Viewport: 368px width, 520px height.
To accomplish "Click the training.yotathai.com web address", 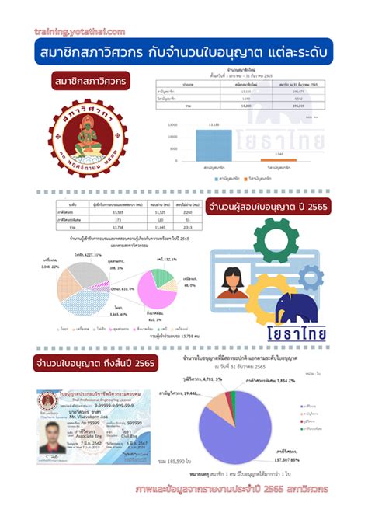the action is click(80, 31).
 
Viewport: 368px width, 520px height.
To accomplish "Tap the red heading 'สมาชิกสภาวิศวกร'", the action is click(92, 81).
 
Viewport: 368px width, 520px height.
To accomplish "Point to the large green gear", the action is click(286, 232).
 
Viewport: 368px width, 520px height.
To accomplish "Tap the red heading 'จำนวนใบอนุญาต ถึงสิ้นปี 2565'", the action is click(95, 363).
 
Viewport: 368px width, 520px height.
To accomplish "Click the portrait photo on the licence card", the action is click(53, 427).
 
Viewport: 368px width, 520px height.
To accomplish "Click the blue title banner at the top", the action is click(183, 54).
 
